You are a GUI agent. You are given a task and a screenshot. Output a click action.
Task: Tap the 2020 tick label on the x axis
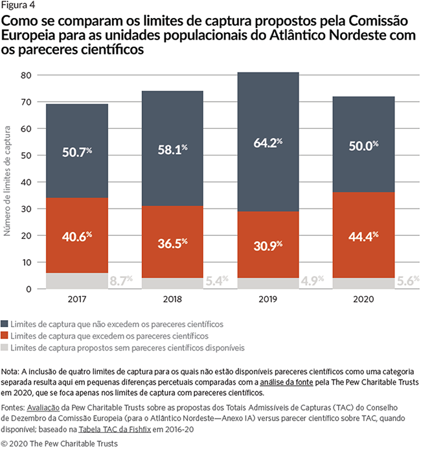tap(363, 300)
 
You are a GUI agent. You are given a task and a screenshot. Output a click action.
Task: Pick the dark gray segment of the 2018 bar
tap(172, 149)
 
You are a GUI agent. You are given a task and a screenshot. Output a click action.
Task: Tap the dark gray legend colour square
tap(6, 324)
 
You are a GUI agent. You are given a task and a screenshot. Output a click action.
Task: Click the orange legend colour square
tap(6, 336)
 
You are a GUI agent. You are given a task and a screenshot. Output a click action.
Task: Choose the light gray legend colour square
tap(6, 348)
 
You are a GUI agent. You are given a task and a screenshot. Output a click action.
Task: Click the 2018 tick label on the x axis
tap(172, 300)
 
